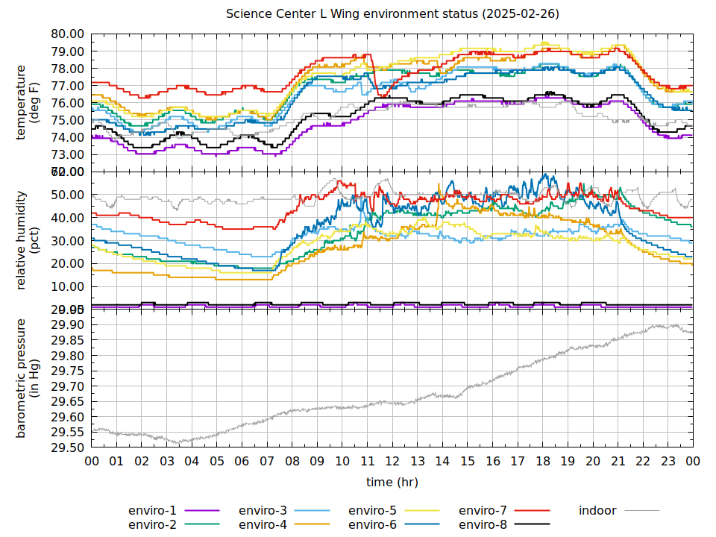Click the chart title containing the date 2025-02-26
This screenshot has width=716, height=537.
point(393,14)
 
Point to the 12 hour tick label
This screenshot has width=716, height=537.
point(392,462)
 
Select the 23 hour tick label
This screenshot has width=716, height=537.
point(668,462)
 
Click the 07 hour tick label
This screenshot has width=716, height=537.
point(267,462)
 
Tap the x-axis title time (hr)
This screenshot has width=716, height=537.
point(392,482)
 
